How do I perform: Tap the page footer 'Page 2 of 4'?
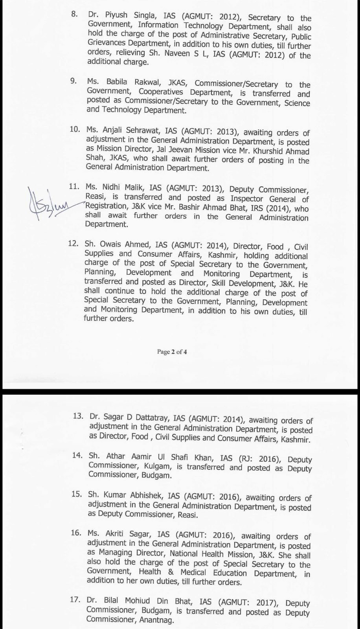click(x=172, y=352)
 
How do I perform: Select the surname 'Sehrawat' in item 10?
click(x=130, y=132)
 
